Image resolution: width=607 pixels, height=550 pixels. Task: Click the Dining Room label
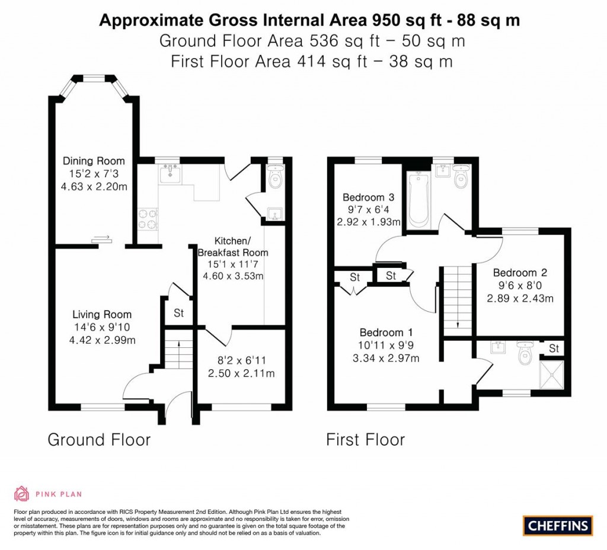click(x=94, y=161)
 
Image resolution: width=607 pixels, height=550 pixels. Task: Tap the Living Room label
click(x=102, y=314)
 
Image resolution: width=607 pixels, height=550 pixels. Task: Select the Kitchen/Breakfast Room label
click(x=232, y=247)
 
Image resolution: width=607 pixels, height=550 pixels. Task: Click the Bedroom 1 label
click(x=386, y=332)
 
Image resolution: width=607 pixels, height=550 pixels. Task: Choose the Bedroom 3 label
click(x=368, y=197)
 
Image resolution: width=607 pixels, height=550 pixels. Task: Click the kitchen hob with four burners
click(x=148, y=219)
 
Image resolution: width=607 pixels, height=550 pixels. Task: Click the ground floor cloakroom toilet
click(x=274, y=177)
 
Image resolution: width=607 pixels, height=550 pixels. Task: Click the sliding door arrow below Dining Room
click(x=101, y=239)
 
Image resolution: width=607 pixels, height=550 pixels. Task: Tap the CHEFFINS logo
click(x=558, y=525)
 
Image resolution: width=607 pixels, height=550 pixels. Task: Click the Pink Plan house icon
click(x=21, y=494)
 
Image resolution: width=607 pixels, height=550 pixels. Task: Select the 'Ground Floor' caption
click(x=99, y=440)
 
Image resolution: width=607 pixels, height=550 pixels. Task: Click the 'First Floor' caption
click(x=365, y=440)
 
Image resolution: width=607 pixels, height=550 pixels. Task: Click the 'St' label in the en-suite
click(x=554, y=348)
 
